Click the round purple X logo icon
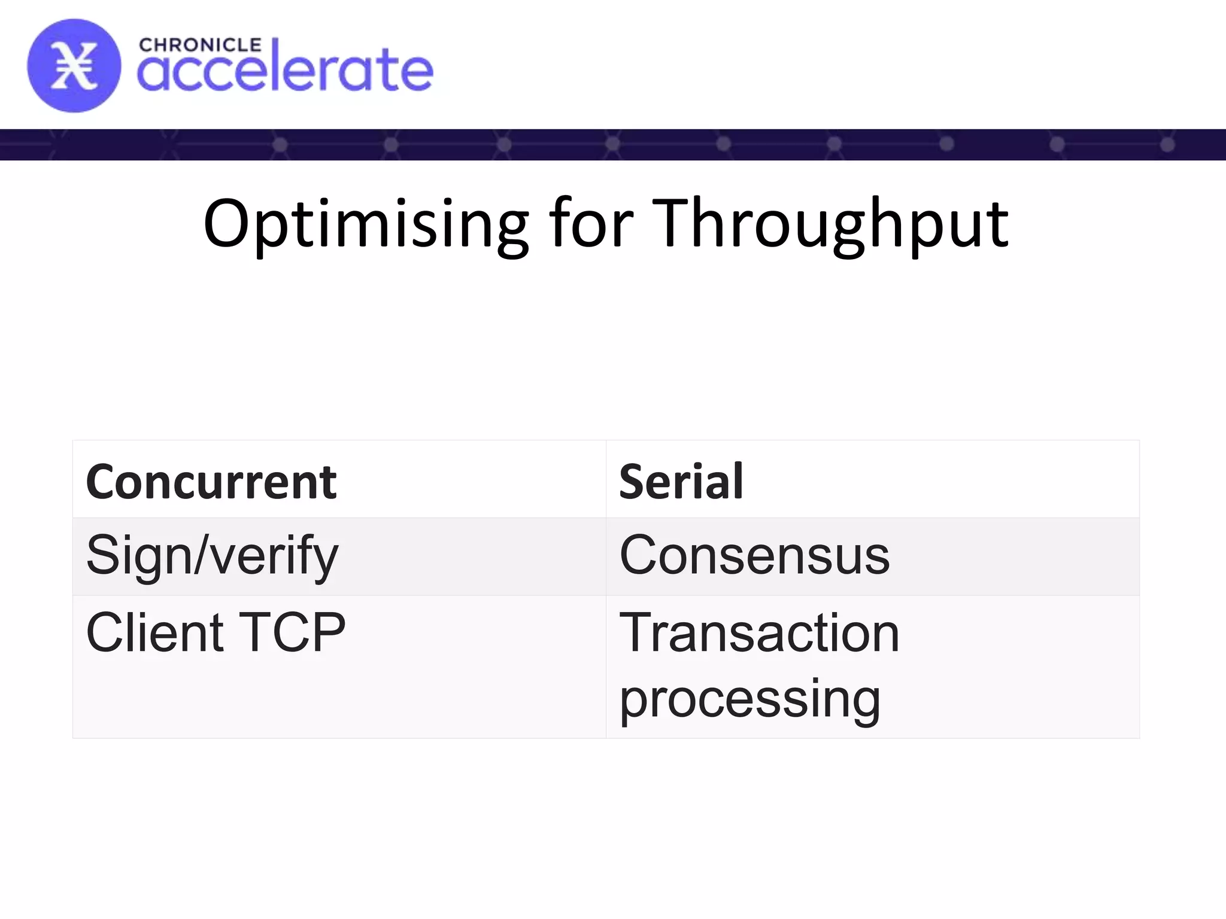pyautogui.click(x=74, y=66)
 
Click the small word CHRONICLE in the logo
pyautogui.click(x=200, y=45)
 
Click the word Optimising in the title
pyautogui.click(x=366, y=224)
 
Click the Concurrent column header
pyautogui.click(x=211, y=482)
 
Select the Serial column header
pyautogui.click(x=681, y=482)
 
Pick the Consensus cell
pyautogui.click(x=754, y=555)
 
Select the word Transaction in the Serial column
pyautogui.click(x=759, y=633)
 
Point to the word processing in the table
pyautogui.click(x=749, y=699)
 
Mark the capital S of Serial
pyautogui.click(x=635, y=482)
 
